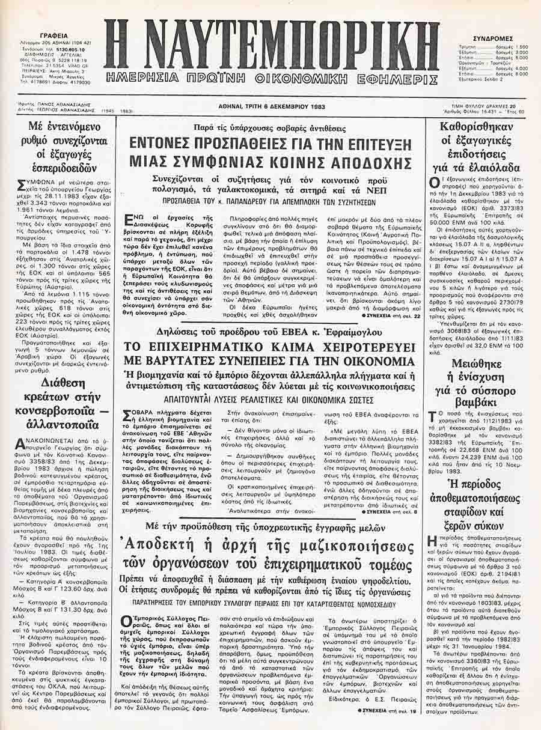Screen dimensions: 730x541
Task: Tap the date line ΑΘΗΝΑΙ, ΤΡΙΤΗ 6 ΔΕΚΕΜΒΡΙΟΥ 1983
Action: [x=270, y=103]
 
